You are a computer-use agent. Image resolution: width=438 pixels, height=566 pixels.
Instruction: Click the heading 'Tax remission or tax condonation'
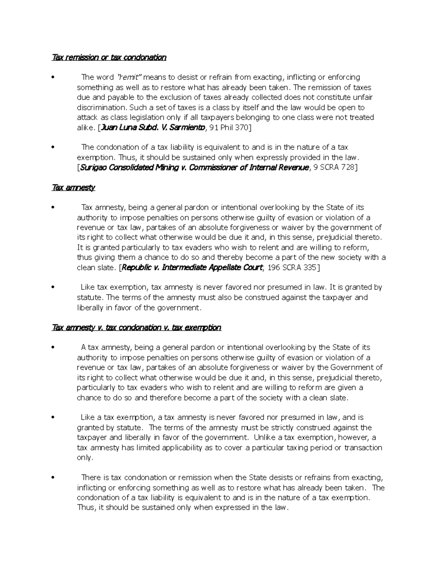pyautogui.click(x=109, y=57)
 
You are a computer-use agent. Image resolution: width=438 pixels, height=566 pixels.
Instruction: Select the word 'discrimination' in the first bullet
pyautogui.click(x=101, y=108)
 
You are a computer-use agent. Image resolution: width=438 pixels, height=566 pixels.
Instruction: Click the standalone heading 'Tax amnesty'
pyautogui.click(x=74, y=188)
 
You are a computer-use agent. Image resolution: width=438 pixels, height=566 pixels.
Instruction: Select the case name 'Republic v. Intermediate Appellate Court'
pyautogui.click(x=192, y=268)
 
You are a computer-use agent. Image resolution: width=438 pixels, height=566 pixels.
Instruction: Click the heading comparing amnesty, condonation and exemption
pyautogui.click(x=137, y=327)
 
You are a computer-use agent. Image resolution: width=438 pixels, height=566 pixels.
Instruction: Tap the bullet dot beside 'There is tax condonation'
pyautogui.click(x=53, y=478)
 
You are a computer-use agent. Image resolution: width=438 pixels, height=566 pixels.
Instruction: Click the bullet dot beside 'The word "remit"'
pyautogui.click(x=53, y=77)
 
